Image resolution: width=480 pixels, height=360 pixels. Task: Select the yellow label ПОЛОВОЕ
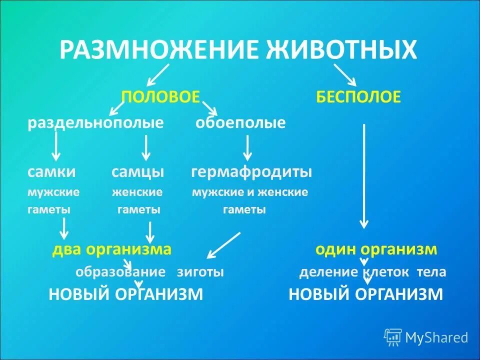click(x=161, y=96)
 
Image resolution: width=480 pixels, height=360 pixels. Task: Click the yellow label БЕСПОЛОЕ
click(x=358, y=96)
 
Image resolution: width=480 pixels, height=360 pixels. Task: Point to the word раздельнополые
click(x=95, y=123)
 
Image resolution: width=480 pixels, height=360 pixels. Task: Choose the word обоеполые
click(x=240, y=123)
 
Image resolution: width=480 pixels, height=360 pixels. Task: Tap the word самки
click(x=51, y=172)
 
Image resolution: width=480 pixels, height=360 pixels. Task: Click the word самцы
click(x=137, y=172)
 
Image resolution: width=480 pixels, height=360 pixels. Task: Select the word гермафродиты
click(x=251, y=172)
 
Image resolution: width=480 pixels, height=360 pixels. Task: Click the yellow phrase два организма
click(x=112, y=249)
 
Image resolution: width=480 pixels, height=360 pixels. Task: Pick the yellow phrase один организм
click(x=376, y=249)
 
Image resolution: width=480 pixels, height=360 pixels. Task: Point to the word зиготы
click(x=200, y=272)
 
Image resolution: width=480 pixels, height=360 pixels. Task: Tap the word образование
click(x=120, y=272)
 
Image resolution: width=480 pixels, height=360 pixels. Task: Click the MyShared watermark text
click(x=436, y=337)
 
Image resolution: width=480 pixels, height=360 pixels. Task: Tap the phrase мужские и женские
click(x=250, y=192)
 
